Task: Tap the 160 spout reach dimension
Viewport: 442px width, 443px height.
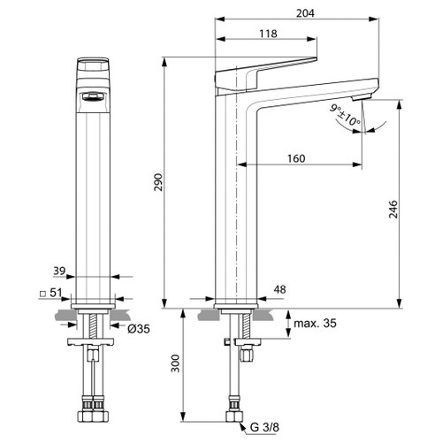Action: tap(296, 159)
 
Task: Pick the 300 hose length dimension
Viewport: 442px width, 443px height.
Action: tap(176, 363)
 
